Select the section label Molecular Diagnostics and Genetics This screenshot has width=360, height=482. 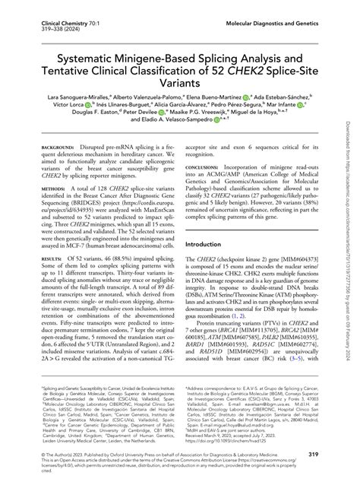275,24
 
